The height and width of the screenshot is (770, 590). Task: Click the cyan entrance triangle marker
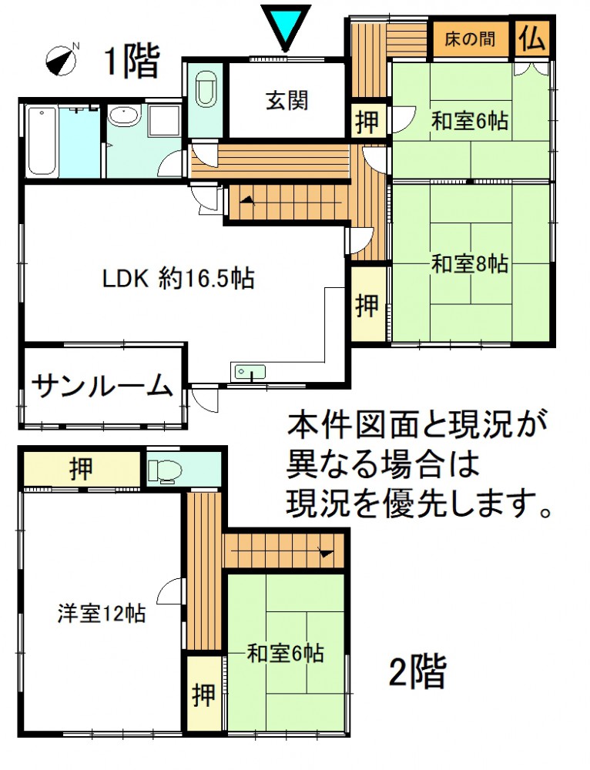(286, 25)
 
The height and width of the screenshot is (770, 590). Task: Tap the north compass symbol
(62, 60)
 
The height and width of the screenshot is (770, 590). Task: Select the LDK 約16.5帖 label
(178, 279)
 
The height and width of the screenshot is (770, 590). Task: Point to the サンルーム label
(102, 386)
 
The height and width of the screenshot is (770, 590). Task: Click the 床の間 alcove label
(470, 38)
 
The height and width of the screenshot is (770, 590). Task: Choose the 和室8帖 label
(470, 264)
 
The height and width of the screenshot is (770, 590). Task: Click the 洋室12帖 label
(101, 614)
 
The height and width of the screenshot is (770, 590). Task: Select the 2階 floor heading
(417, 672)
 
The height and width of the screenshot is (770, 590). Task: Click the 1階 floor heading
(132, 62)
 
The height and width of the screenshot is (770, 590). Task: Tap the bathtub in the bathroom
(42, 141)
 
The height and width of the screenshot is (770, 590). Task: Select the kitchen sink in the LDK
(250, 372)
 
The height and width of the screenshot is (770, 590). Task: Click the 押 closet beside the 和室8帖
(367, 305)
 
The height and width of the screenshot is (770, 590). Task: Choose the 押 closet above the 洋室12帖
(81, 468)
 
